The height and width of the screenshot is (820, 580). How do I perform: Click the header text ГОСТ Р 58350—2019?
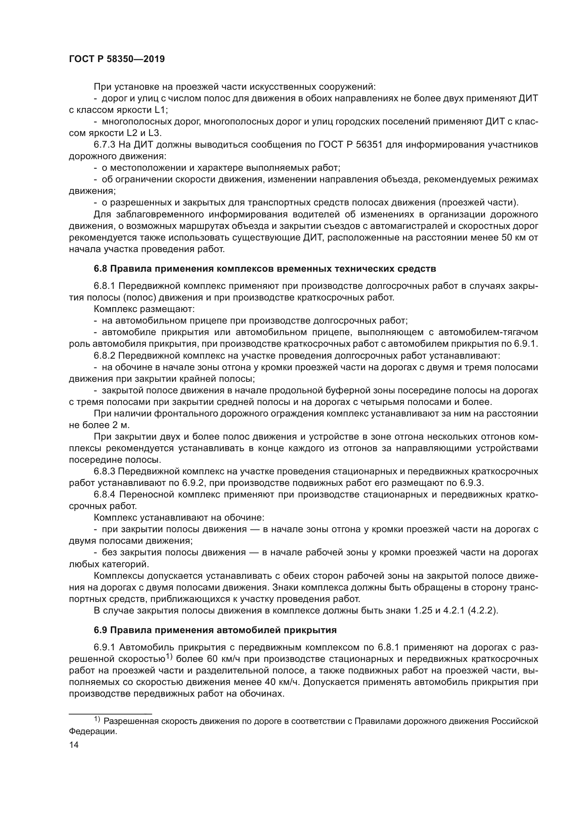117,59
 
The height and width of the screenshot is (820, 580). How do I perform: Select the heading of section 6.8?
265,269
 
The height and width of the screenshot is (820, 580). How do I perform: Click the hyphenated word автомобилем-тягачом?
488,332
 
